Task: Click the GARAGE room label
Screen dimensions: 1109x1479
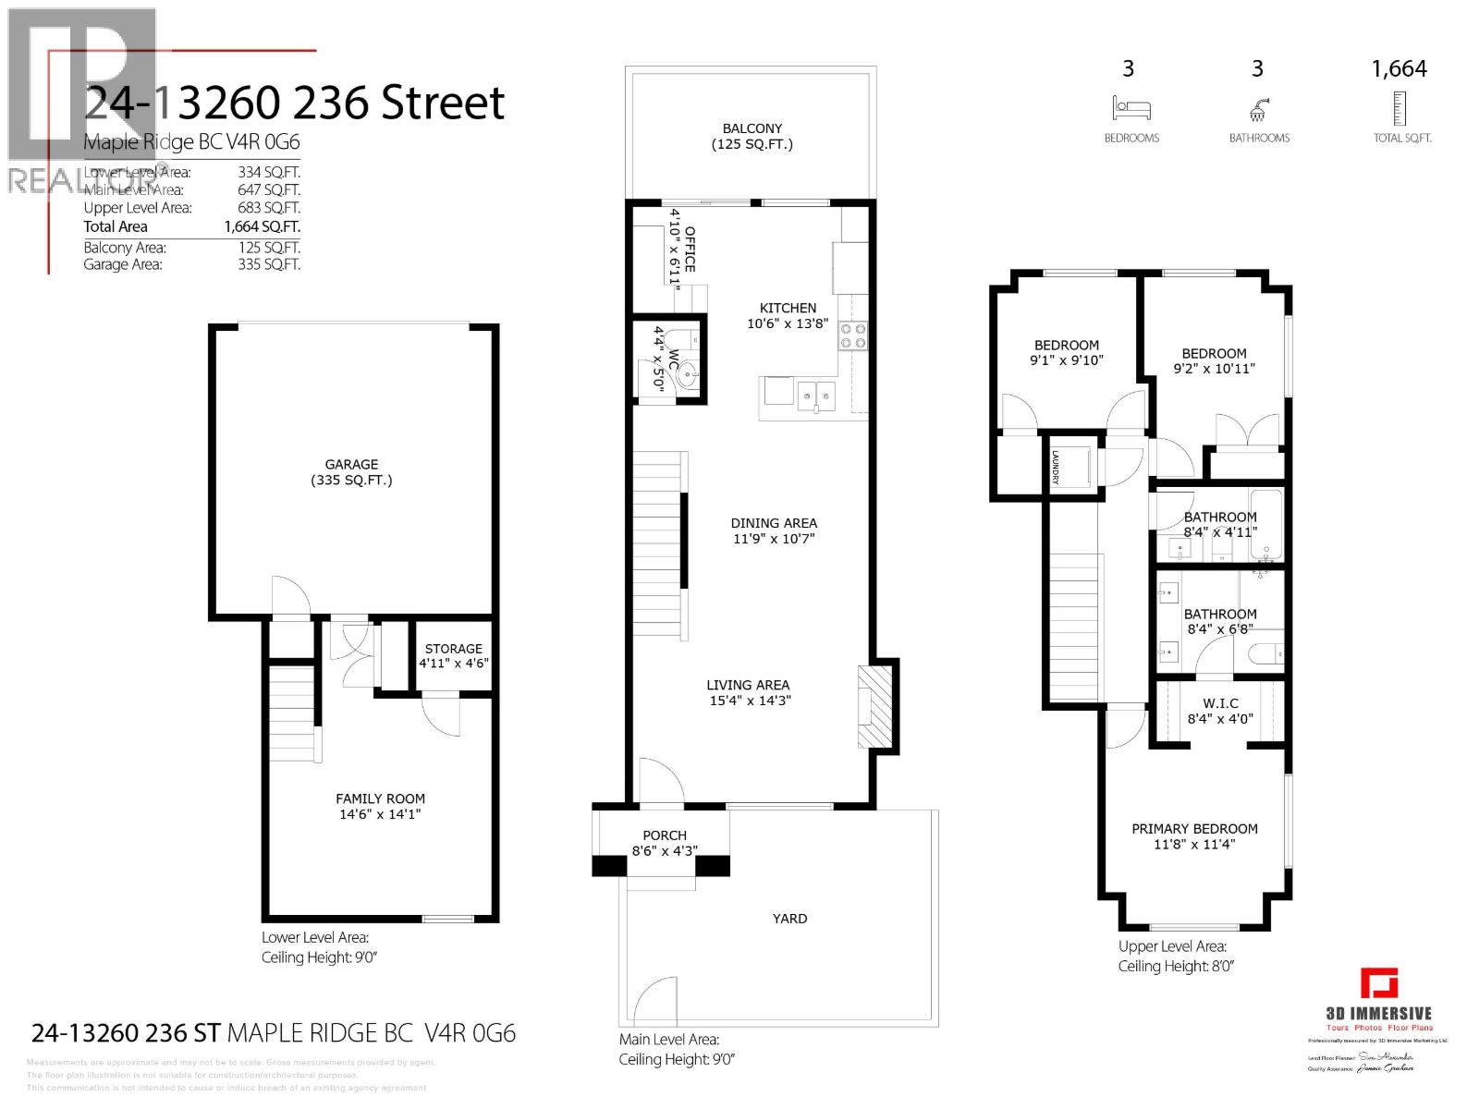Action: point(351,465)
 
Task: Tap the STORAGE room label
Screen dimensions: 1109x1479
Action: point(453,649)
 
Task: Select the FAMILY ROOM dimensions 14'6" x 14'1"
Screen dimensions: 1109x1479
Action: point(380,814)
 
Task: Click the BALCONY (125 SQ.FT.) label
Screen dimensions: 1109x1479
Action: point(752,136)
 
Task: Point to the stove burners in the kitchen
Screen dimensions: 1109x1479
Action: point(852,335)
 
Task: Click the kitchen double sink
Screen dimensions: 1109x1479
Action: point(816,396)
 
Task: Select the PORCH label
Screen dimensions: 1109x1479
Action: point(664,835)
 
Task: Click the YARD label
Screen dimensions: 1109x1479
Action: point(789,919)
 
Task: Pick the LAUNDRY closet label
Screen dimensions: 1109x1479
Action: point(1055,467)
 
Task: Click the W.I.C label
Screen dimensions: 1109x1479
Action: point(1220,703)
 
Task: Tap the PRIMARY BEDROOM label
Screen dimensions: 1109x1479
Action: point(1194,829)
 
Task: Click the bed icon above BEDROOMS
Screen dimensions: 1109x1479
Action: point(1131,108)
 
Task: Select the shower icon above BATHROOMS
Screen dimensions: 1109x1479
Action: point(1258,110)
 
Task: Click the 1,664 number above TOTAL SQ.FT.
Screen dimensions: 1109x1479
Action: point(1399,69)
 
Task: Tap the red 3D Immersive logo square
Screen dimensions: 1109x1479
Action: point(1378,983)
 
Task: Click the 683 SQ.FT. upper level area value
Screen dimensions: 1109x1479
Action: point(269,208)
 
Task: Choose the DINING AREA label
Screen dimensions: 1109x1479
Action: point(774,523)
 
